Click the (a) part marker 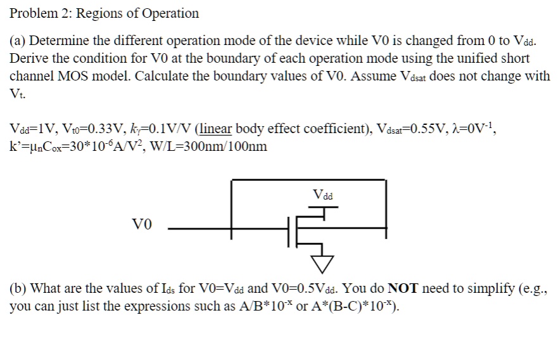point(18,42)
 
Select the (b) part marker point(18,288)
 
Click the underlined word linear point(217,129)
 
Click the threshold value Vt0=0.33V point(86,129)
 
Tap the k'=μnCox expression point(43,146)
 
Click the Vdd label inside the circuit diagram point(323,195)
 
